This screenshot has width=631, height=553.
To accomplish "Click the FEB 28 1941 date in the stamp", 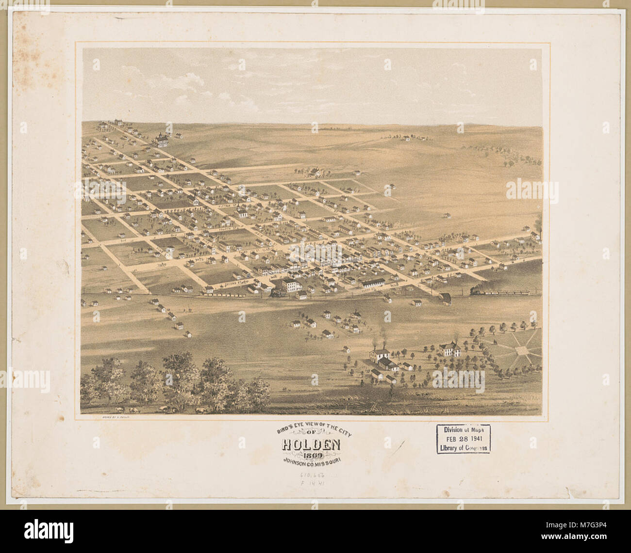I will point(463,439).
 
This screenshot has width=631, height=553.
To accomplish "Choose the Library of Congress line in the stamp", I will point(463,448).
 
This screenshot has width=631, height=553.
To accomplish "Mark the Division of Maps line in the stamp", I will point(463,429).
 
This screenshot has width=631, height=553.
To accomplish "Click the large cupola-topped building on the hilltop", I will point(160,140).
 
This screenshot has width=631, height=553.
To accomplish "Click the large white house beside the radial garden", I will point(449,348).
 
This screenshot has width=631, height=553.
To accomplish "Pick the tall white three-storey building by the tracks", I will point(291,285).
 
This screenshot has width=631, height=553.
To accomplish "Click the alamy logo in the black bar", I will point(49,530).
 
